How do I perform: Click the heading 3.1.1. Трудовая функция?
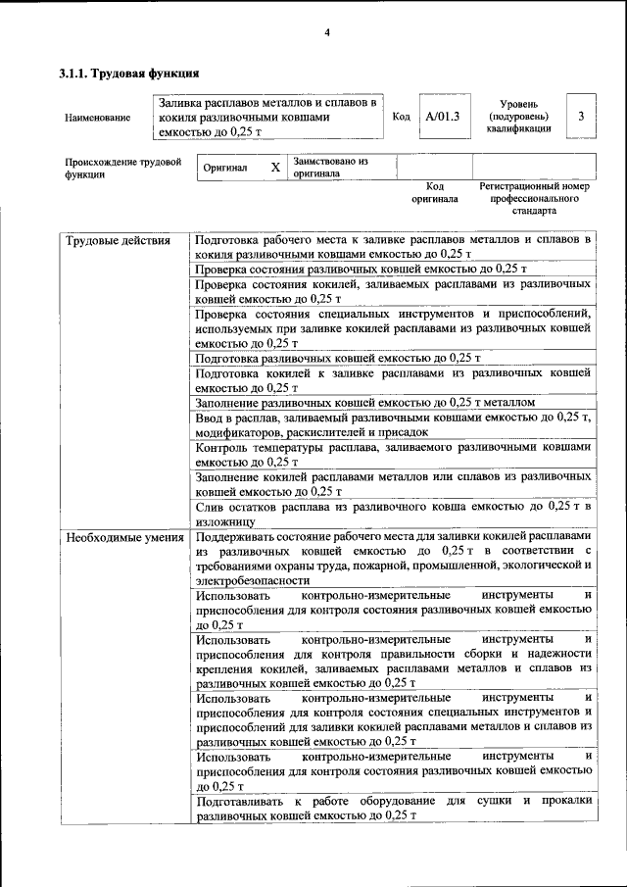pyautogui.click(x=129, y=73)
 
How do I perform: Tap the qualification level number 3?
pyautogui.click(x=581, y=117)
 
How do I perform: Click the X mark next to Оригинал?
pyautogui.click(x=275, y=168)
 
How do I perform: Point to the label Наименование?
pyautogui.click(x=97, y=118)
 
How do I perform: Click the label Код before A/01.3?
pyautogui.click(x=401, y=117)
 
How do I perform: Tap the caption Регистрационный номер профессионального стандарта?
pyautogui.click(x=533, y=197)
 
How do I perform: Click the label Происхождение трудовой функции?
pyautogui.click(x=122, y=168)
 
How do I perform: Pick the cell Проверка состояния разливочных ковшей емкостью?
pyautogui.click(x=361, y=268)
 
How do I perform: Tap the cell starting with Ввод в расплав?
pyautogui.click(x=392, y=423)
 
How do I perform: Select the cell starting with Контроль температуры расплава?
pyautogui.click(x=392, y=453)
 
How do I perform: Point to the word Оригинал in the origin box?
pyautogui.click(x=225, y=168)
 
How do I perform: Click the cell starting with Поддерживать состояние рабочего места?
pyautogui.click(x=392, y=559)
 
